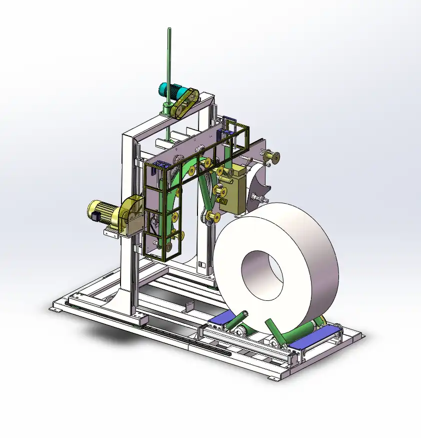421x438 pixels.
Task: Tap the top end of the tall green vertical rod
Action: (168, 31)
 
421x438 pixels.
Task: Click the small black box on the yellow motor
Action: (93, 217)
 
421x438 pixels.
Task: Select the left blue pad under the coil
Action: (222, 319)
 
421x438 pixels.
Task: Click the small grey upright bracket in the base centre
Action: (189, 307)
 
